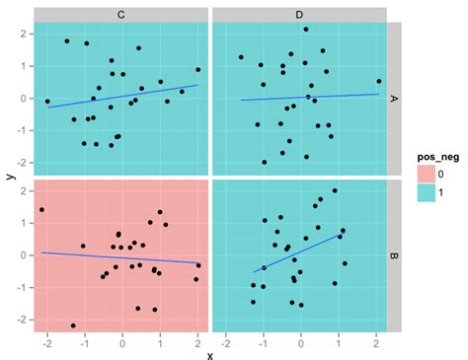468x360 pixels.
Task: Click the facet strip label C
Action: coord(121,15)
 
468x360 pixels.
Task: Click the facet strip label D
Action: coord(299,15)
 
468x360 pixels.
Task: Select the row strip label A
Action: coord(394,99)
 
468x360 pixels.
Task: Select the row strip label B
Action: coord(394,255)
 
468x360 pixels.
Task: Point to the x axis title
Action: coord(210,352)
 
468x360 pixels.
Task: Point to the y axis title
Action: coord(9,178)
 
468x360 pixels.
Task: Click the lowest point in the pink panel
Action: coord(73,325)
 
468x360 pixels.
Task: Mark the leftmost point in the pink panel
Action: coord(41,209)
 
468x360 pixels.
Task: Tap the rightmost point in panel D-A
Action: coord(378,82)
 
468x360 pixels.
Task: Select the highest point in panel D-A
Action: coord(306,30)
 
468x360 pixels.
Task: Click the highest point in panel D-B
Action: coord(335,190)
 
